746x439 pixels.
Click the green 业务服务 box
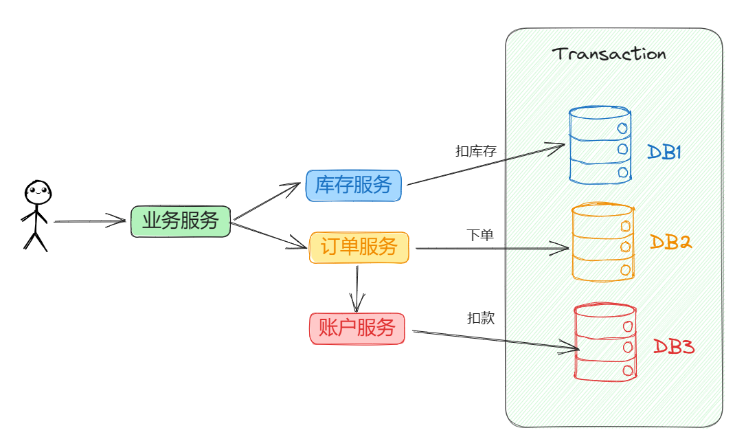click(181, 221)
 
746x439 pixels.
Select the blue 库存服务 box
click(353, 185)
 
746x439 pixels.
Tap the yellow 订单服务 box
click(359, 247)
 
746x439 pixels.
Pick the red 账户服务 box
click(357, 328)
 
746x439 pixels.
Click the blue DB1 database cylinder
click(600, 145)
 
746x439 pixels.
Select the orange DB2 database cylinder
click(602, 242)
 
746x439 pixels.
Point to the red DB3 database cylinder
click(604, 343)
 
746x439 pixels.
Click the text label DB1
click(664, 152)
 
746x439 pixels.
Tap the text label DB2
click(670, 242)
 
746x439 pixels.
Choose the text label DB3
click(673, 346)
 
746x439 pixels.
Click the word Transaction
click(609, 54)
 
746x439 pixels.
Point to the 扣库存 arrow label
click(476, 151)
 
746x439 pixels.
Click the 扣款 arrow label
click(481, 318)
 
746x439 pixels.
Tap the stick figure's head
click(38, 192)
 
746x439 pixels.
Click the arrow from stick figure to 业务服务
click(89, 222)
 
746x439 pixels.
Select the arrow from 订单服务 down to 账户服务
click(357, 287)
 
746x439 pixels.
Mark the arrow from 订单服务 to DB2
click(491, 248)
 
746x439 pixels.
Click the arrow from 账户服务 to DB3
click(495, 341)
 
